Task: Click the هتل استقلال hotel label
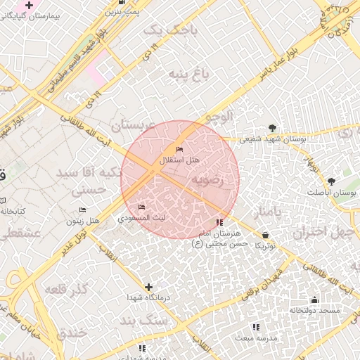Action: [x=180, y=160]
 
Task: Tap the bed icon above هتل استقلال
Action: [x=179, y=150]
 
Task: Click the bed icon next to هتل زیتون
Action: [x=82, y=210]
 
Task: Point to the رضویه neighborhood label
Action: [x=208, y=180]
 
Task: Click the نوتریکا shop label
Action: [x=265, y=245]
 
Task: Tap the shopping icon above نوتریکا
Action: [x=265, y=235]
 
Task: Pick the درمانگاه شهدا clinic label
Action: [x=148, y=298]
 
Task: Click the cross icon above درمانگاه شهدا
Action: [x=148, y=287]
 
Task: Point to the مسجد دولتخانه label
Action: [x=314, y=310]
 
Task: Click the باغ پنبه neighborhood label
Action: [x=184, y=75]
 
